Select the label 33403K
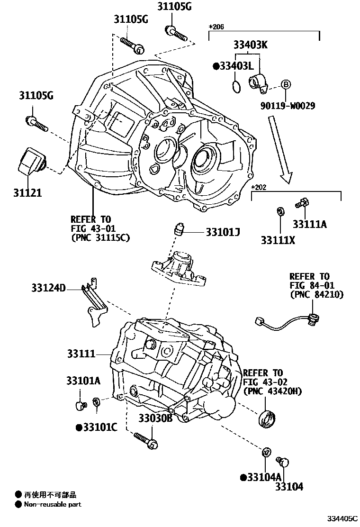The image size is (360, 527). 250,45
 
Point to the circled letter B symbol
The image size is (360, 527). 286,85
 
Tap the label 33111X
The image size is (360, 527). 278,240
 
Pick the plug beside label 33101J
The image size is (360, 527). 179,228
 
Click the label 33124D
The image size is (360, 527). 49,287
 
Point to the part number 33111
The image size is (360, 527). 81,354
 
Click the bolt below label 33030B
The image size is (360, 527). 145,439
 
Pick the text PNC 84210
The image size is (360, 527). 316,294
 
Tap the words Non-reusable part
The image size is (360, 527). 53,504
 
